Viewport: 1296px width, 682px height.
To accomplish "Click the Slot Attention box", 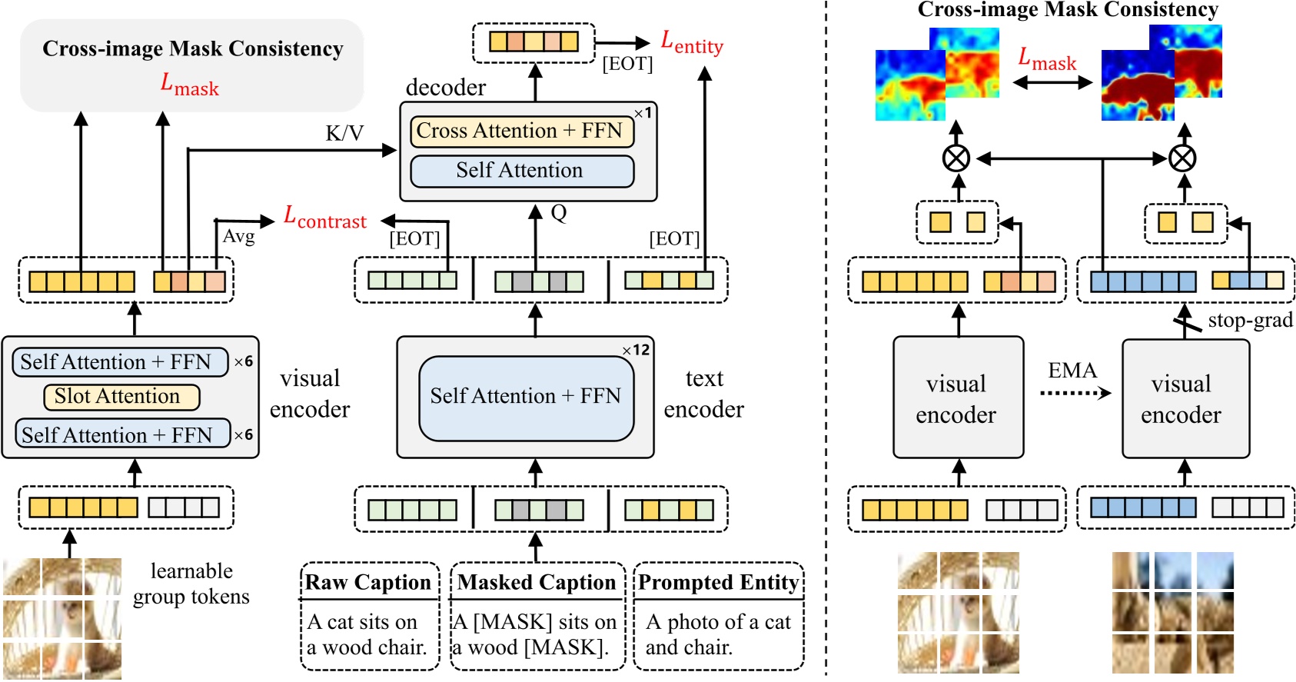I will click(x=121, y=397).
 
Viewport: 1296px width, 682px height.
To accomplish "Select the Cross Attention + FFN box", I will click(x=522, y=131).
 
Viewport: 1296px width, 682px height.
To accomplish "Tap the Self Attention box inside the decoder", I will click(x=522, y=171).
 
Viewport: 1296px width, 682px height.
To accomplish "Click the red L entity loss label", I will click(x=692, y=43).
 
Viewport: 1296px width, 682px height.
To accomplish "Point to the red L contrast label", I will click(x=325, y=218).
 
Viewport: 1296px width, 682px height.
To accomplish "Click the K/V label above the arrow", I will click(x=344, y=133).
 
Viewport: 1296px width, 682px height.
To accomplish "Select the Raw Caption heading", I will click(x=368, y=583).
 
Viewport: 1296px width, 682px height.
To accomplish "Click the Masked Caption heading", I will click(x=537, y=583).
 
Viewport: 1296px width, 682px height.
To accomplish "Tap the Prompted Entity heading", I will click(x=718, y=583).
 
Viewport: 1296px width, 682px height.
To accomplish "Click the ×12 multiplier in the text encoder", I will click(x=636, y=350).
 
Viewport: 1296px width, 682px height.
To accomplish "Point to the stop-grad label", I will click(x=1250, y=320).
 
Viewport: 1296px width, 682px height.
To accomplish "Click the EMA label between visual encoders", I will click(x=1072, y=371).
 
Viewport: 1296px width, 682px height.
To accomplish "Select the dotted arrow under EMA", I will click(x=1075, y=394).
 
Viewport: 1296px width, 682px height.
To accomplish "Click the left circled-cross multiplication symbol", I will click(x=956, y=159).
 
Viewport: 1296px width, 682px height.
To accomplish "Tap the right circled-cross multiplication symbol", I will click(x=1182, y=159).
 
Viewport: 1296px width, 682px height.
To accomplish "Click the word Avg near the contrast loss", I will click(x=238, y=236).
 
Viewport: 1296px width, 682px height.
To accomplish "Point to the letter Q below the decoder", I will click(x=559, y=213).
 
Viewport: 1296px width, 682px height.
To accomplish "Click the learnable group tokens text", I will click(x=191, y=584).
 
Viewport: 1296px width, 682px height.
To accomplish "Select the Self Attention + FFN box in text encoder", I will click(x=526, y=397).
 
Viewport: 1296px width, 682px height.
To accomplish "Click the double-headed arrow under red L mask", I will click(x=1052, y=82).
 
